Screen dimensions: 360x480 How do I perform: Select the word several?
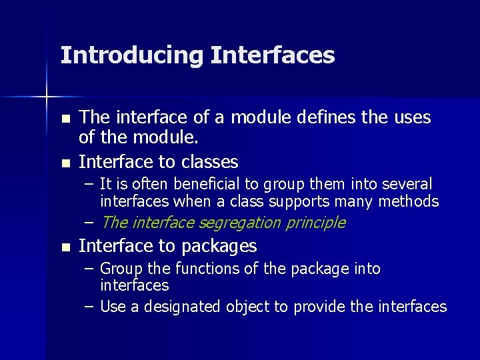[405, 183]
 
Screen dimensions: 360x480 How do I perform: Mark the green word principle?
[315, 223]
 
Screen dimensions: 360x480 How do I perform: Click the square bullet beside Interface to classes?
[65, 163]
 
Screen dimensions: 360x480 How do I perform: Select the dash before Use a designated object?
[89, 307]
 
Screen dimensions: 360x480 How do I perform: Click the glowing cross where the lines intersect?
[47, 97]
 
